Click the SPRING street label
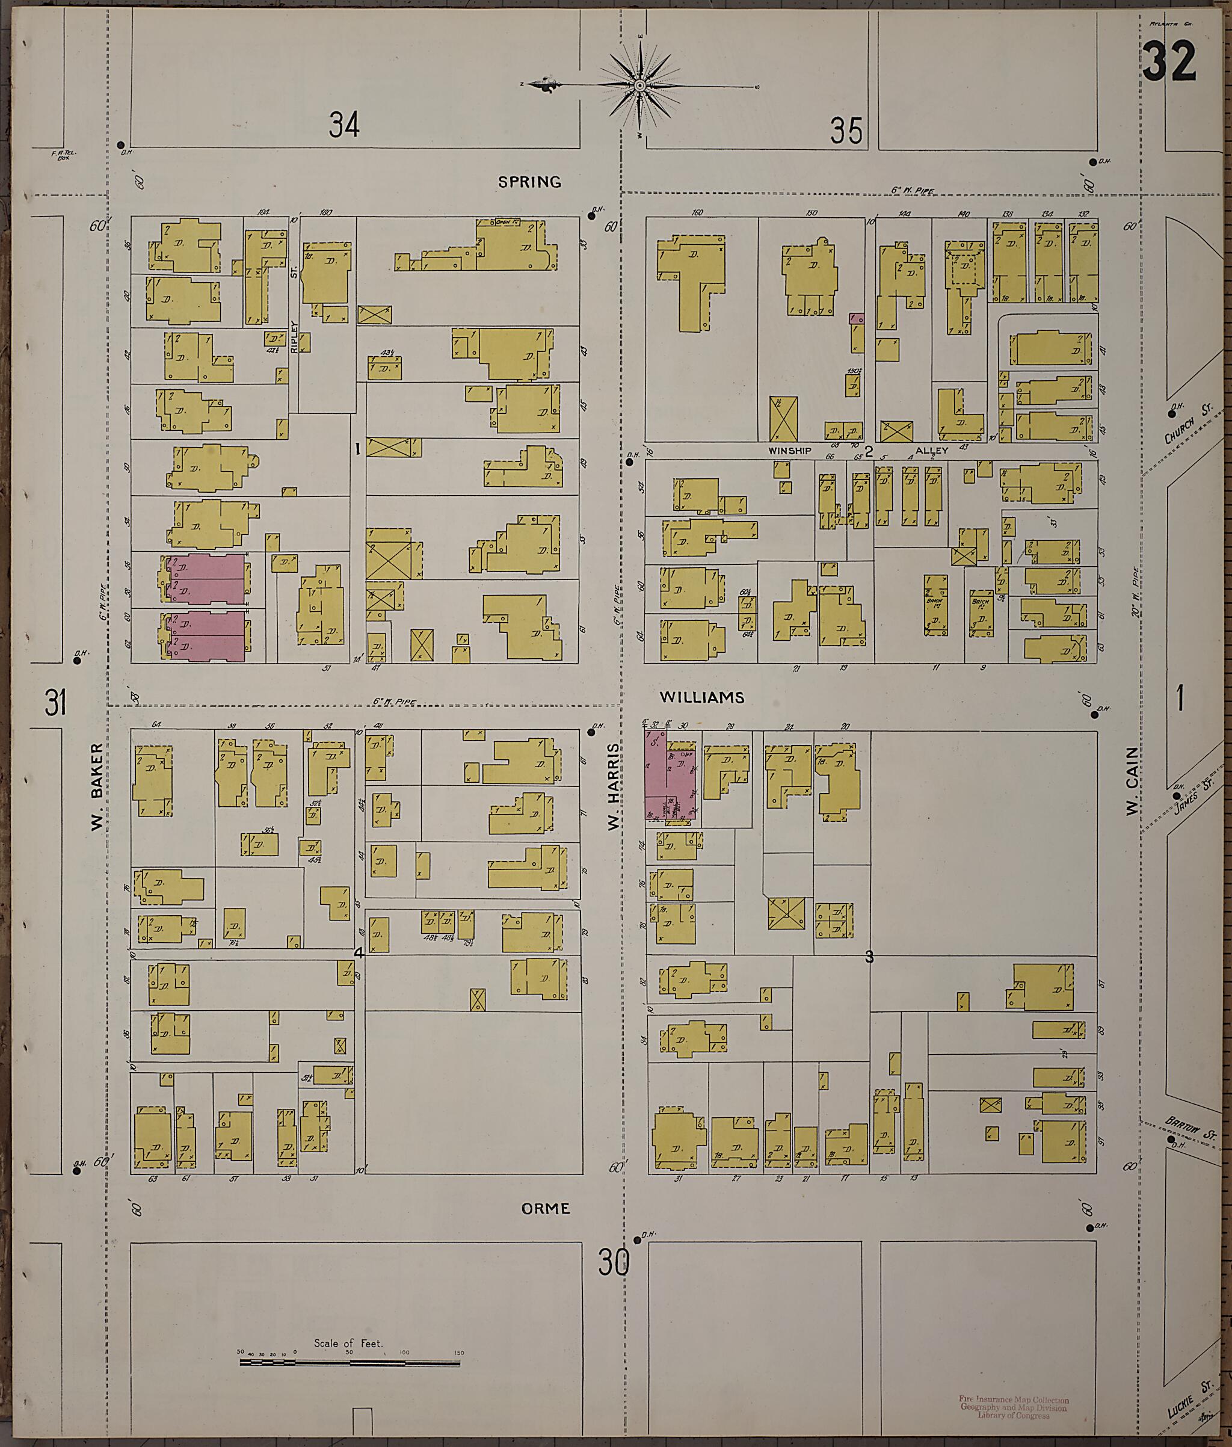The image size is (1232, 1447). click(x=529, y=182)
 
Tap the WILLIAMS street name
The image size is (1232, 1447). click(x=702, y=697)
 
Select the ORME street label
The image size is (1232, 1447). click(x=546, y=1208)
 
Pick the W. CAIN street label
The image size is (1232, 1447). click(x=1132, y=781)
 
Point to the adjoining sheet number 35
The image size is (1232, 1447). click(x=846, y=131)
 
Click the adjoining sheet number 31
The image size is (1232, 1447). click(x=56, y=702)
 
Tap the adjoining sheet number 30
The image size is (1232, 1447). click(x=614, y=1263)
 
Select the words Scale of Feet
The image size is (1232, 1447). click(x=348, y=1343)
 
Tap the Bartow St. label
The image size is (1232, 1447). click(x=1190, y=1126)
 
